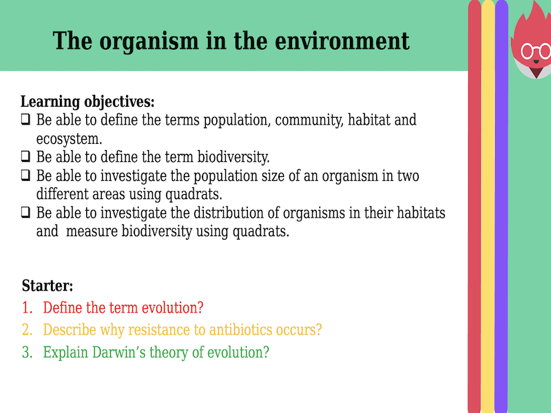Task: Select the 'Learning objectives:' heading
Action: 87,102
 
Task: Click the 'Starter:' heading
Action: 48,286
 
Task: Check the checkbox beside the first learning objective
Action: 25,120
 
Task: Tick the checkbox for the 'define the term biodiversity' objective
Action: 25,156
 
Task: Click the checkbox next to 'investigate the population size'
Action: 25,176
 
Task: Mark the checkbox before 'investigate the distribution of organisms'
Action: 25,213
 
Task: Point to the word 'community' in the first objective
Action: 307,120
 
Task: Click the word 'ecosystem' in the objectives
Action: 68,138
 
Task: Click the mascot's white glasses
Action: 535,51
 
